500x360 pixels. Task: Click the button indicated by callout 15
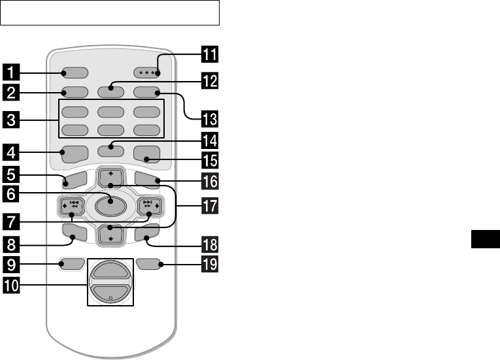click(x=145, y=155)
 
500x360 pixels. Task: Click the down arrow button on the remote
click(x=108, y=237)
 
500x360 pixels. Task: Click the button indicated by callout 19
click(x=149, y=265)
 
